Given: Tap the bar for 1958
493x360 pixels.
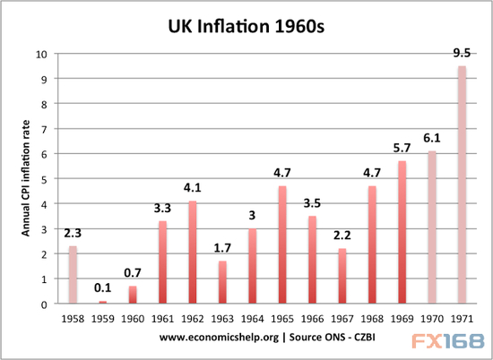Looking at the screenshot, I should [74, 275].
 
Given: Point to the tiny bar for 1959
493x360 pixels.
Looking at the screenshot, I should [101, 303].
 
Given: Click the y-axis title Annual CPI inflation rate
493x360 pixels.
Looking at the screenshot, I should [28, 179].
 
